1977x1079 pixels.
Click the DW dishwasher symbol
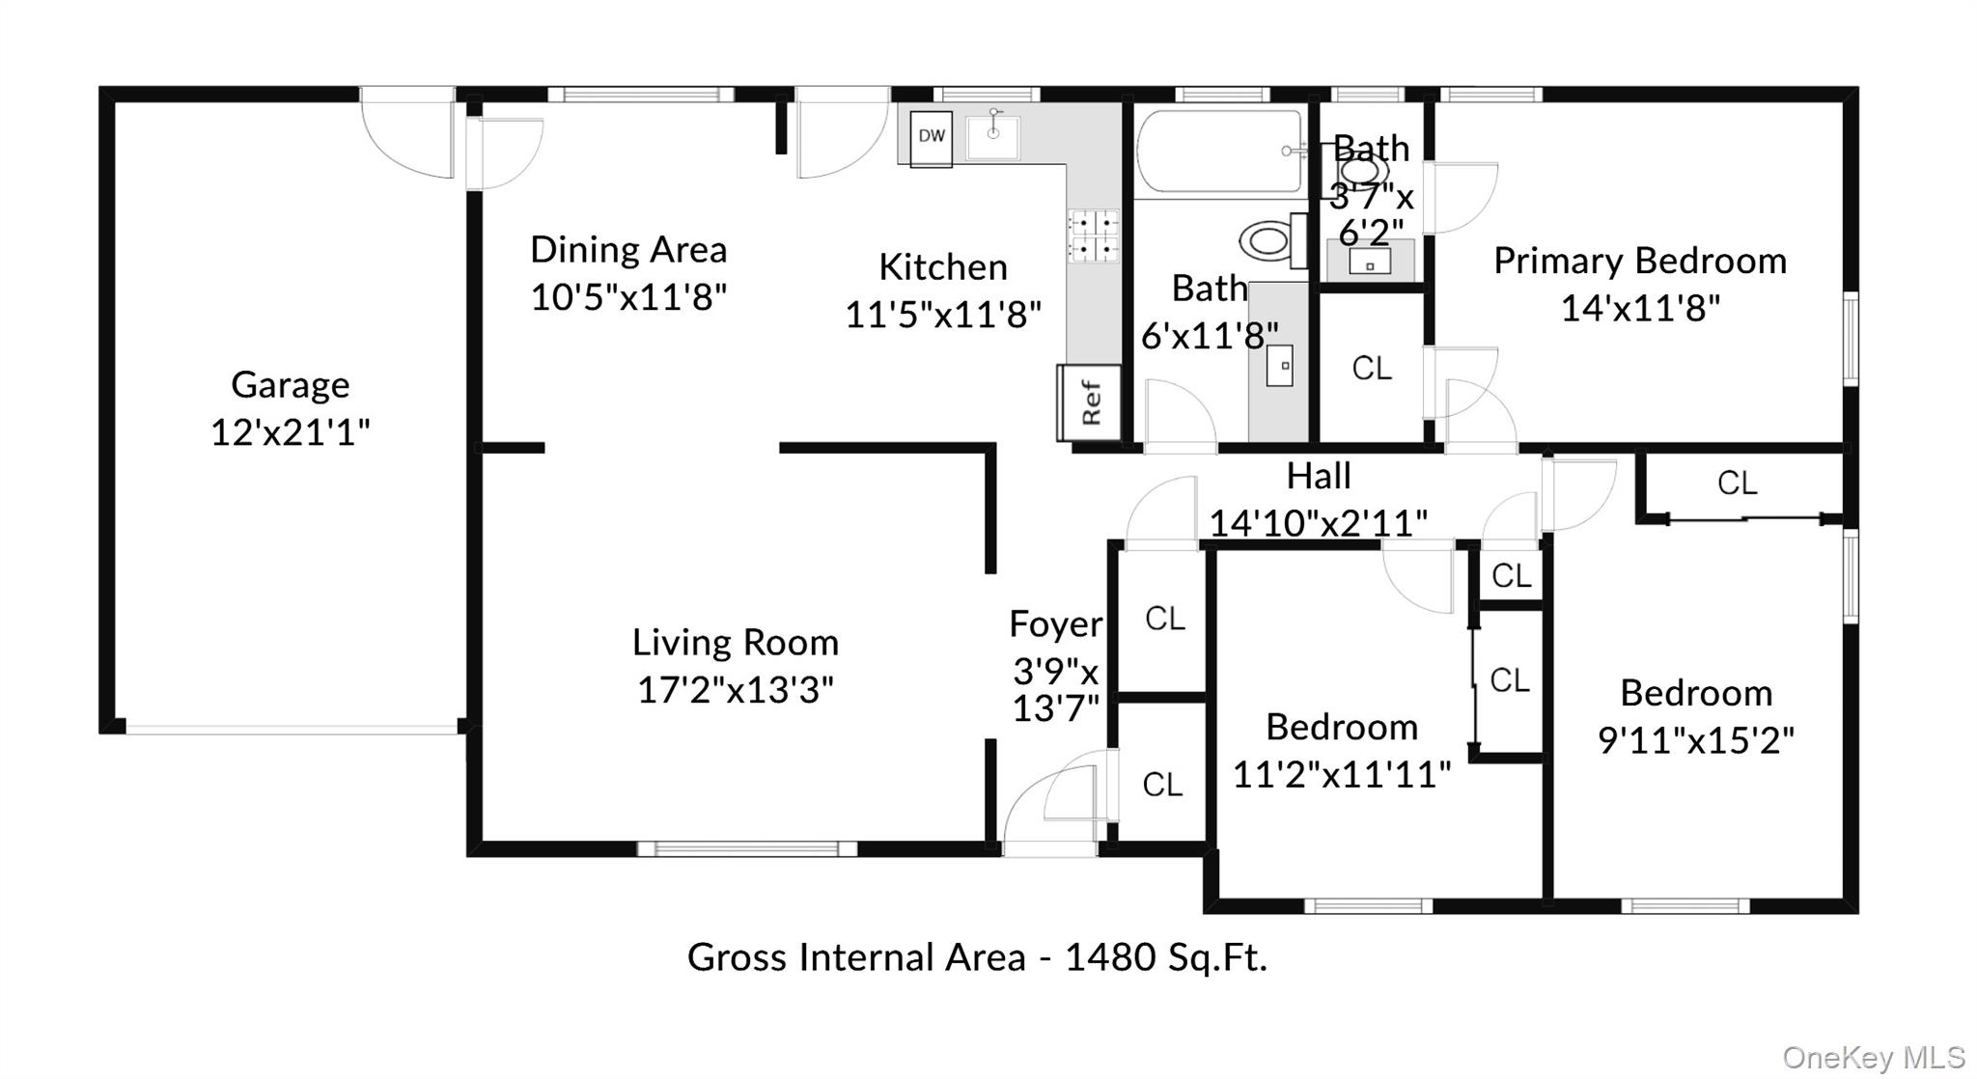[931, 136]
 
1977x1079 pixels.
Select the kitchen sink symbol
[993, 134]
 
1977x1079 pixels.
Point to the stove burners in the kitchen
[1093, 236]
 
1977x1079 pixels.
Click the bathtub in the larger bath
[1219, 152]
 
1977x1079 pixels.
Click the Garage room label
[290, 385]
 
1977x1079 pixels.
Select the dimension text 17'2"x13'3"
[736, 690]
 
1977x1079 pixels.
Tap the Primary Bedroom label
[1639, 262]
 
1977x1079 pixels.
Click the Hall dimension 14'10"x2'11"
[1318, 523]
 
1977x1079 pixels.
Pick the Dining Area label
[628, 250]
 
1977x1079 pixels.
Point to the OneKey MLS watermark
[1873, 1058]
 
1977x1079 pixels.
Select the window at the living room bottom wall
[746, 849]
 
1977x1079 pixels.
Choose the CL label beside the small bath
[1371, 368]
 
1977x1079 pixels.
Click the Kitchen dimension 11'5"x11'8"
[943, 315]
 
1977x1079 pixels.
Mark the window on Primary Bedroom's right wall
[1851, 339]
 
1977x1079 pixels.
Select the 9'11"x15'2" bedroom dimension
[1696, 741]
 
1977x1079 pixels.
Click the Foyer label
[1055, 624]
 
